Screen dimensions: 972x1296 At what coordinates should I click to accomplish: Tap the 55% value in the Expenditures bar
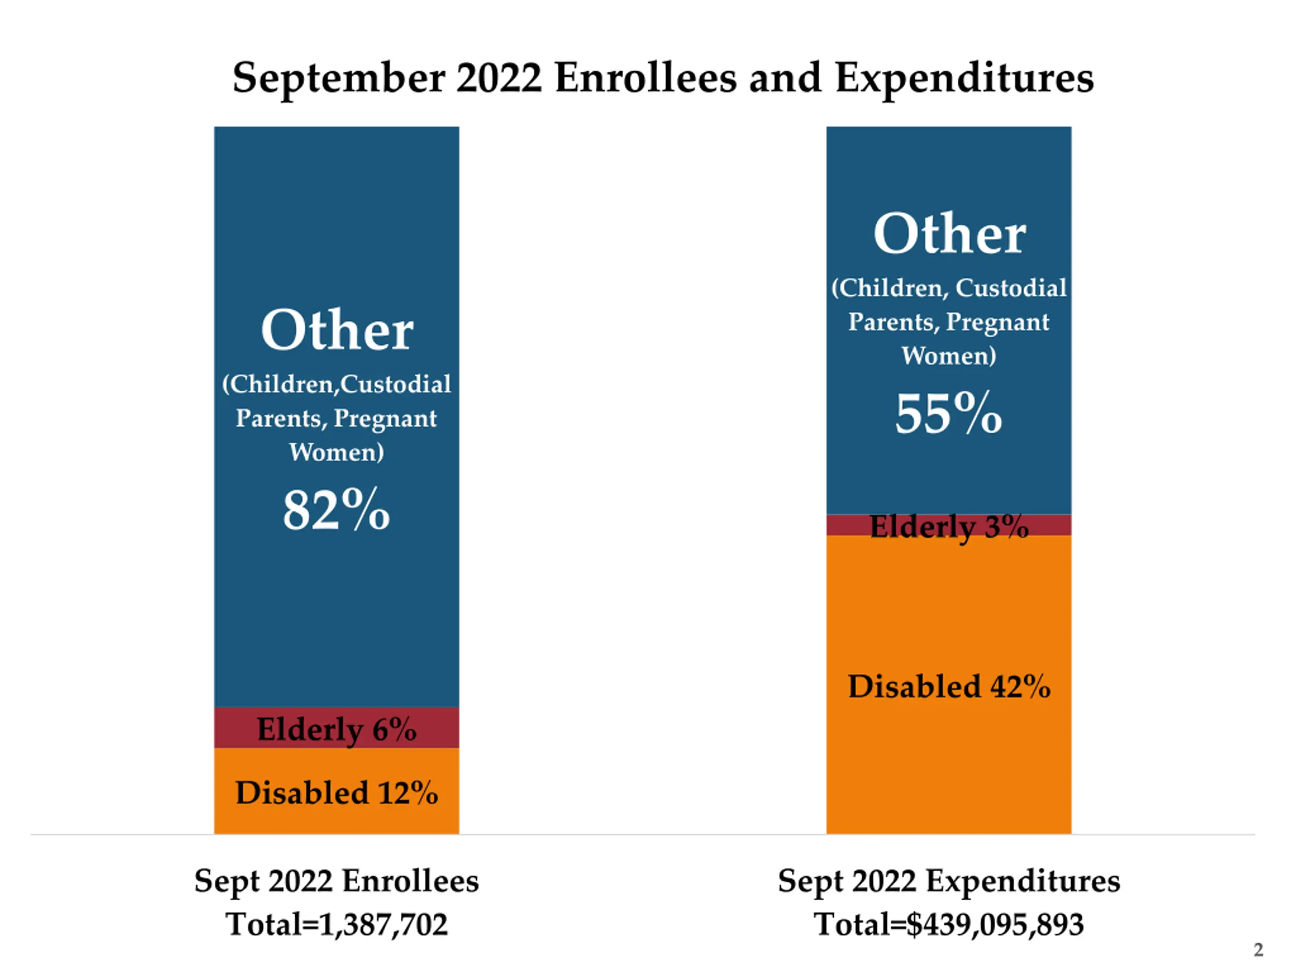(x=949, y=413)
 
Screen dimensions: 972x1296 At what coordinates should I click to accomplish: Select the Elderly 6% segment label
(x=336, y=730)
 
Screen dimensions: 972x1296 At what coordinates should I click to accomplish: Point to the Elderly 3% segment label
(x=949, y=526)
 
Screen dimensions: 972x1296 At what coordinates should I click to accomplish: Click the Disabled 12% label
(x=336, y=793)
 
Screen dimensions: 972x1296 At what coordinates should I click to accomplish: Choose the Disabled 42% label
(x=949, y=686)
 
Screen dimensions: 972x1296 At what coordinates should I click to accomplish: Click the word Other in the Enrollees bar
(x=337, y=331)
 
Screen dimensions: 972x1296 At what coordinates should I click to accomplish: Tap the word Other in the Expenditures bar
(x=949, y=234)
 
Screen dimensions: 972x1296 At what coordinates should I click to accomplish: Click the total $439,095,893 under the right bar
(x=995, y=924)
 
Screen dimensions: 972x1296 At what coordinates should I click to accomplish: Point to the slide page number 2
(x=1258, y=950)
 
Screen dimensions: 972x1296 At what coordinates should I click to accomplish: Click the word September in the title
(x=339, y=78)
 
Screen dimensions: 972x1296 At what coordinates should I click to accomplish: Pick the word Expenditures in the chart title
(x=964, y=78)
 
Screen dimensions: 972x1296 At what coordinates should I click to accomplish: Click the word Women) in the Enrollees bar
(x=336, y=452)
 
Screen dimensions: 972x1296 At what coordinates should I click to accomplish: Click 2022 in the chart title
(x=499, y=78)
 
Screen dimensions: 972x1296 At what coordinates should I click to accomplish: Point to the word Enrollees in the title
(x=645, y=78)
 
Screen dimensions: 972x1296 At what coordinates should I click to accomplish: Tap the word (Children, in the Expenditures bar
(x=889, y=288)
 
